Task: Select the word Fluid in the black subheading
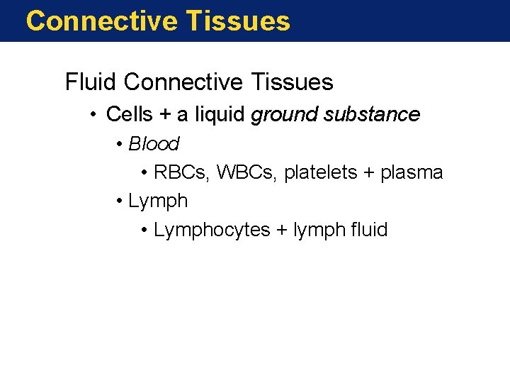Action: [x=91, y=82]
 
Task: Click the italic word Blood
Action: [x=154, y=144]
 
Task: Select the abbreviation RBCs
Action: [x=182, y=172]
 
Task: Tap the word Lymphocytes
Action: [x=212, y=231]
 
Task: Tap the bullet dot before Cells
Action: [x=95, y=115]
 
